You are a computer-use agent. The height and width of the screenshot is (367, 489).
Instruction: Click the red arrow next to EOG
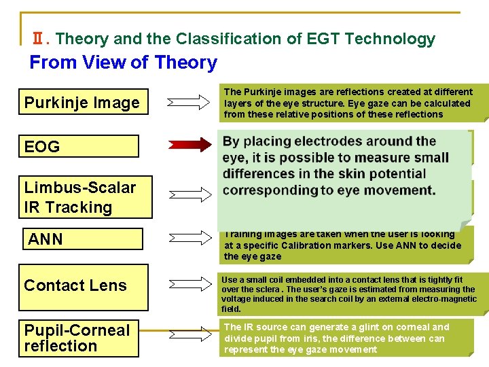point(189,145)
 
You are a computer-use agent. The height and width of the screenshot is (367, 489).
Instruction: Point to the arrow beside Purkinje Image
point(189,103)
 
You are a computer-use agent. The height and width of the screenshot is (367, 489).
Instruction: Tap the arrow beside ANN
point(189,238)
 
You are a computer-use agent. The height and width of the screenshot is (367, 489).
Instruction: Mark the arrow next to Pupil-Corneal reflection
point(189,334)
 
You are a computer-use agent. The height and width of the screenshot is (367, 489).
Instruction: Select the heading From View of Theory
point(123,63)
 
